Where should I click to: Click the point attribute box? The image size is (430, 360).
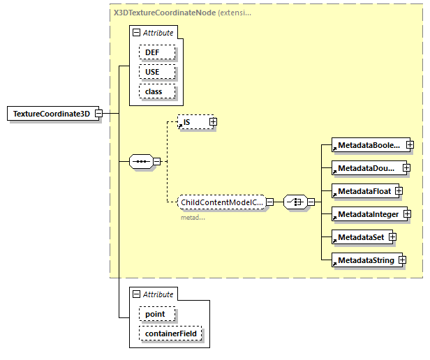[155, 314]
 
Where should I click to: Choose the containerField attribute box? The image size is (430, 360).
[171, 334]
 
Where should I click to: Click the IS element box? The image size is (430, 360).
[193, 122]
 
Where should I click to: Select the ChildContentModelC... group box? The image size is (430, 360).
[221, 203]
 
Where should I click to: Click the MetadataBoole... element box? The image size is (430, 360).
[368, 145]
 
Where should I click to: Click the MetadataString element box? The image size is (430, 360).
[365, 260]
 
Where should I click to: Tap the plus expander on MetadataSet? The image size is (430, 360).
[393, 237]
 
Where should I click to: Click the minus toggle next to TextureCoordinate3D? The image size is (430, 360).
[98, 113]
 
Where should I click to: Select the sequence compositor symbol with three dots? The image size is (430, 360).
[142, 162]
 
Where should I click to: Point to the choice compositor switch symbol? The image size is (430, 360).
[295, 203]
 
